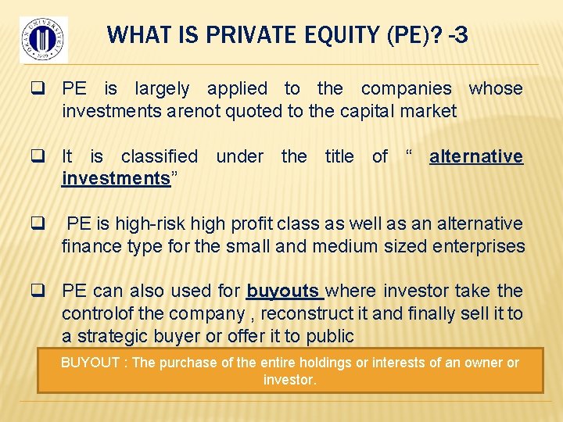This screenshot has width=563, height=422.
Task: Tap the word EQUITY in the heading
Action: click(x=314, y=35)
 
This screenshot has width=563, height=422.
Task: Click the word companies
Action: click(x=414, y=89)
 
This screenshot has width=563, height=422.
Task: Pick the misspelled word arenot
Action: click(x=195, y=111)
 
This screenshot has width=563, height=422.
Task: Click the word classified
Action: click(x=160, y=156)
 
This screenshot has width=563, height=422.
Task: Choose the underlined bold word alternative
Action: click(x=475, y=156)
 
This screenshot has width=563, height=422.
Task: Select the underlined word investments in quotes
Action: click(x=116, y=178)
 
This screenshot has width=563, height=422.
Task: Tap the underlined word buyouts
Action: click(x=283, y=291)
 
